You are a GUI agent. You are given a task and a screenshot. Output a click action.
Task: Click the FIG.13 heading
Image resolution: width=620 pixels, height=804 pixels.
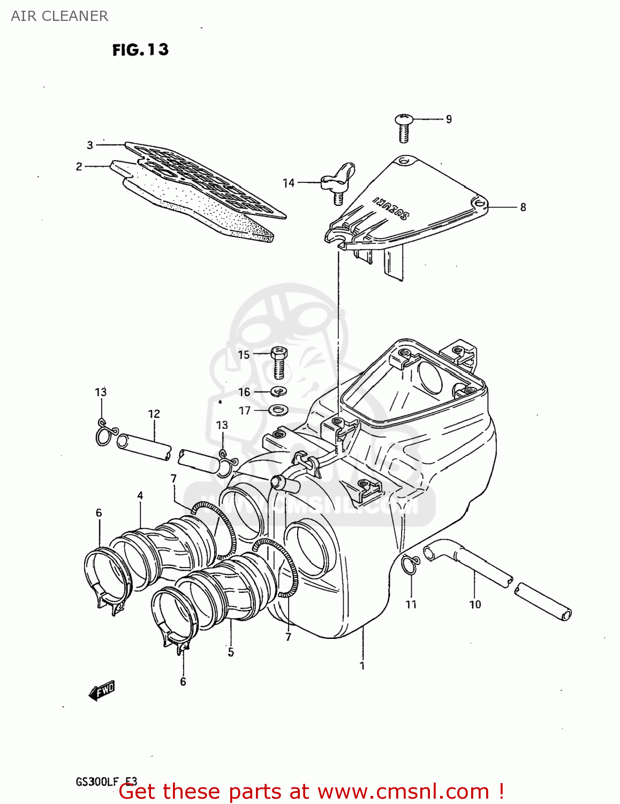pos(140,50)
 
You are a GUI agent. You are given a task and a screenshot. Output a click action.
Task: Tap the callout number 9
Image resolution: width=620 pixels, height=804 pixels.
pos(449,119)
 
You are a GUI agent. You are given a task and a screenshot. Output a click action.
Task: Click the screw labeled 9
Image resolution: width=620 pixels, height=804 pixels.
pos(404,128)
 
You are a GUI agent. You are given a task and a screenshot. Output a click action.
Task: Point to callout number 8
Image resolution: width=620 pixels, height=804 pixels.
pos(523,207)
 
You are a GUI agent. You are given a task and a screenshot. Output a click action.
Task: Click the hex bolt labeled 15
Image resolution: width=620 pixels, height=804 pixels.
pos(278,362)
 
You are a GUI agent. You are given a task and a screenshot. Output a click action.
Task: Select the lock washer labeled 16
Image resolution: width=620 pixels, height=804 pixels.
pos(278,391)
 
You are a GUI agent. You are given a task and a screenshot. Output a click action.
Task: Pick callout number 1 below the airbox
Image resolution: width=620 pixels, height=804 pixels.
pos(362,666)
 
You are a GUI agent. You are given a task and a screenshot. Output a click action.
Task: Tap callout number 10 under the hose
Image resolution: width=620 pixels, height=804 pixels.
pos(475,605)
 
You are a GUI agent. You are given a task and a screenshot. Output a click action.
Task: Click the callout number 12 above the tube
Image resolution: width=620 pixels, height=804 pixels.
pos(154,414)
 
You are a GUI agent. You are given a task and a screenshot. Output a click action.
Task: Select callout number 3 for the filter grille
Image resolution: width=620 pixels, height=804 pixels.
pos(90,145)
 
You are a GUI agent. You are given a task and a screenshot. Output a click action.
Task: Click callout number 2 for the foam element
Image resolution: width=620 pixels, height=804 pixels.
pos(79,167)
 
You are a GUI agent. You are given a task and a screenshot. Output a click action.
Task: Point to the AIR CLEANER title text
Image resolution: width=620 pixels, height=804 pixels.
pos(59,16)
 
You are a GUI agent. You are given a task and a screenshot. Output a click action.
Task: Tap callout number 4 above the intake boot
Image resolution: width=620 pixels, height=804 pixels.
pos(140,495)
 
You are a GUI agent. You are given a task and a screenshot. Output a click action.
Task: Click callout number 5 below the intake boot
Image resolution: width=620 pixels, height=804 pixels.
pos(231,652)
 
